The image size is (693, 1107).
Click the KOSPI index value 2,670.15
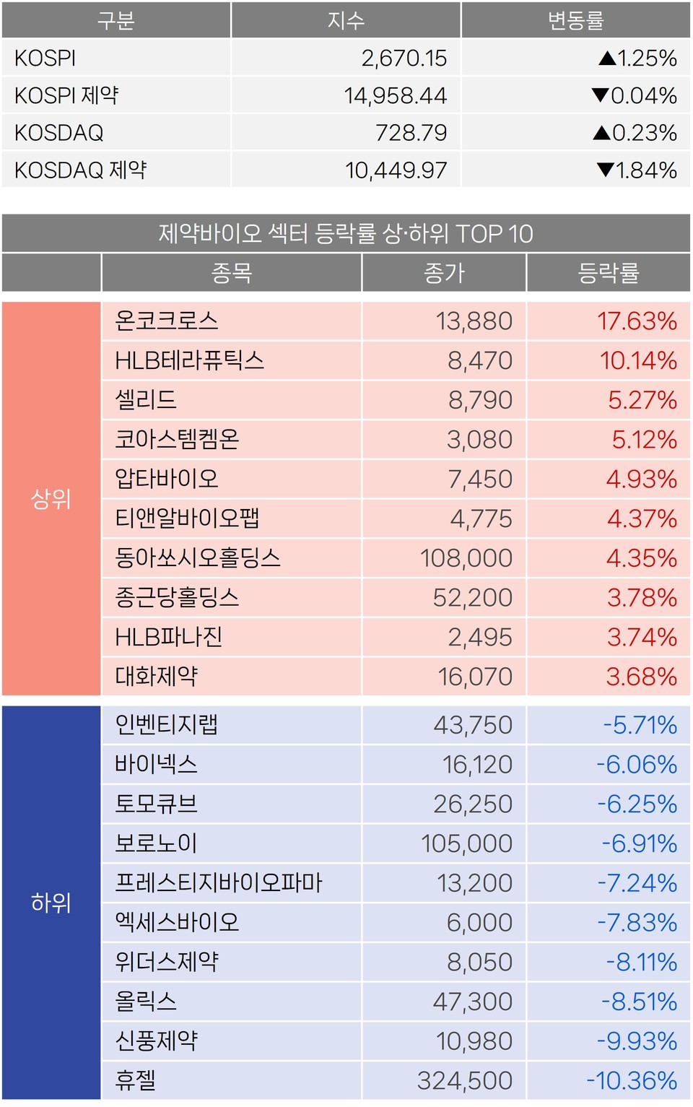(x=404, y=58)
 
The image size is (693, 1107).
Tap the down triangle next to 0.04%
(x=600, y=95)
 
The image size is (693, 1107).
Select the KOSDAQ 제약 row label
(x=80, y=170)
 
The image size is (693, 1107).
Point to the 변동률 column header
(x=575, y=20)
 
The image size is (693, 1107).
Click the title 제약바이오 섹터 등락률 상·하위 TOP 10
(x=346, y=234)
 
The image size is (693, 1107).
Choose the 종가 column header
(x=444, y=273)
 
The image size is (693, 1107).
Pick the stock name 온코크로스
(x=167, y=321)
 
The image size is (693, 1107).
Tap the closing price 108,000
(x=466, y=558)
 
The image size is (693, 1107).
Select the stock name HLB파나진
(x=169, y=637)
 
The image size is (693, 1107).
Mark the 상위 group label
(x=51, y=498)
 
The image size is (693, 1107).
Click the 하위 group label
(x=51, y=903)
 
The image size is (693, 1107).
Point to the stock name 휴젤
(x=136, y=1080)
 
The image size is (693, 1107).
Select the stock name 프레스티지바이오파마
(x=219, y=882)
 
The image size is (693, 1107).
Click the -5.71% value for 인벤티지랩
(x=640, y=725)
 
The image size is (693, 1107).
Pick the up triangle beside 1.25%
(x=607, y=58)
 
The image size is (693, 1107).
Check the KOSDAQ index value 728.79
(x=411, y=133)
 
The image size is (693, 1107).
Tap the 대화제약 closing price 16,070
(x=475, y=677)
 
